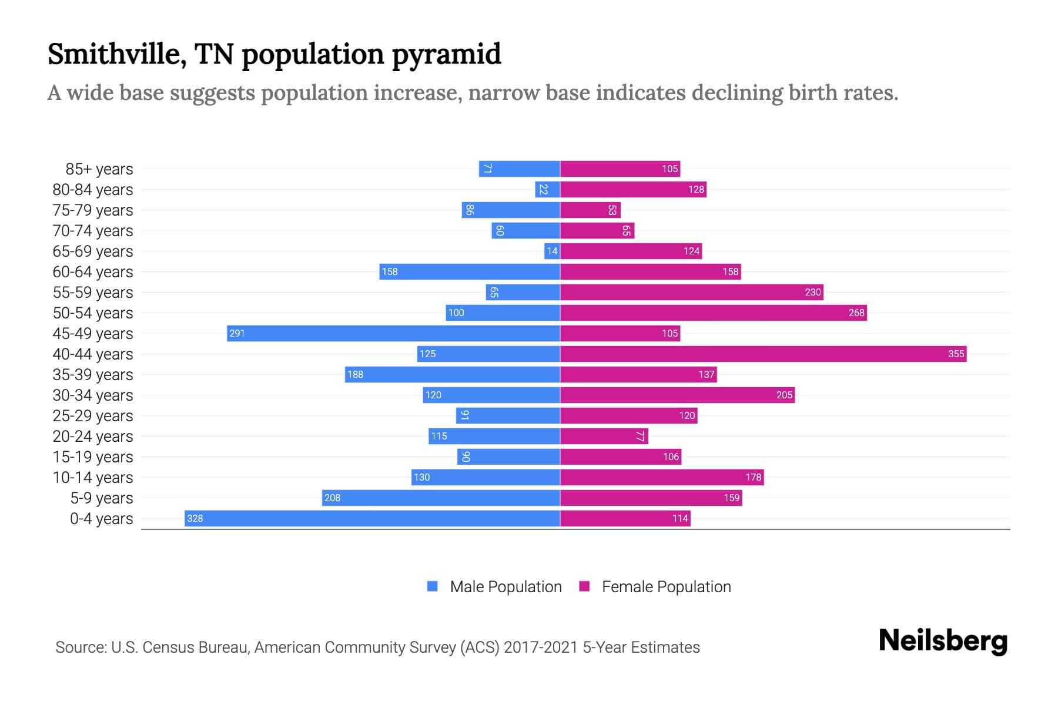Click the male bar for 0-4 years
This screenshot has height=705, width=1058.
click(x=372, y=518)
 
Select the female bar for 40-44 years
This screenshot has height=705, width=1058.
click(x=763, y=354)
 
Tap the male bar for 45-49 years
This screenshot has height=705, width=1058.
click(x=393, y=333)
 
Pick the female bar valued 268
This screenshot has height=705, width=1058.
click(x=713, y=313)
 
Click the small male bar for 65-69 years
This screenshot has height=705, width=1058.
click(x=552, y=251)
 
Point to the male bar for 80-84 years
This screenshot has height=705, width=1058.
click(x=547, y=189)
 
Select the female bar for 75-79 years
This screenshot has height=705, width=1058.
click(x=590, y=210)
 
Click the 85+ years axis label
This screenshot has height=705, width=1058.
click(x=99, y=169)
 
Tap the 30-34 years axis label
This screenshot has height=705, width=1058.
click(x=93, y=395)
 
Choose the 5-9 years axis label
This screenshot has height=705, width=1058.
click(x=102, y=498)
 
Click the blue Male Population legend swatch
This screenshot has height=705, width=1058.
click(x=433, y=586)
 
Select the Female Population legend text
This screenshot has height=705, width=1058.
click(x=666, y=586)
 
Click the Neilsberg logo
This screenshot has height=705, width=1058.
click(x=943, y=641)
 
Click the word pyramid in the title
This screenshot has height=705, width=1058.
click(x=446, y=55)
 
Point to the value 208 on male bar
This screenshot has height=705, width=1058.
click(x=333, y=498)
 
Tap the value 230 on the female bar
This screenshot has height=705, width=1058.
click(x=812, y=292)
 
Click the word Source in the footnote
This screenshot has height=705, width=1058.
click(x=80, y=647)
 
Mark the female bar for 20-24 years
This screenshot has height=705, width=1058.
click(x=604, y=436)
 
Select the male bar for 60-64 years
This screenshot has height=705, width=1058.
click(x=469, y=271)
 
